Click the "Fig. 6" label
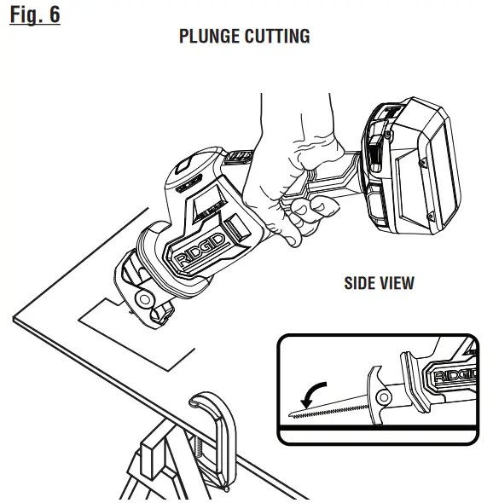(36, 14)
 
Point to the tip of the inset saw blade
(293, 419)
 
